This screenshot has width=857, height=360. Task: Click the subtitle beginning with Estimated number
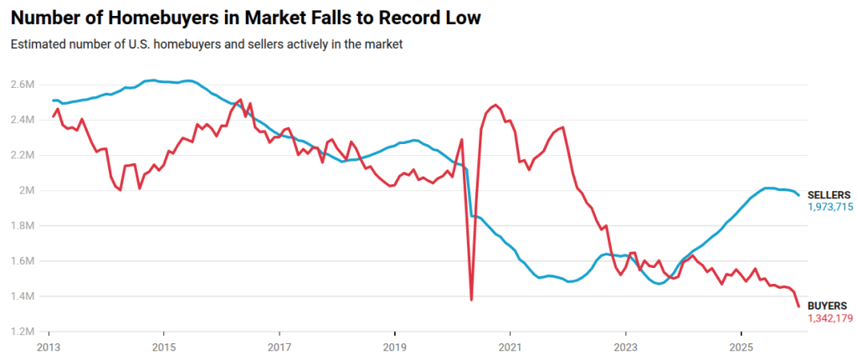[207, 44]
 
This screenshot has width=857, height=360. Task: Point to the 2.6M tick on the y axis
[22, 85]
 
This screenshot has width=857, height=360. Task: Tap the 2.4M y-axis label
[22, 120]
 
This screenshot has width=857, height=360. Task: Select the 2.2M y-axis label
[22, 155]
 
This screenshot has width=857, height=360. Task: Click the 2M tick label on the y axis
[26, 190]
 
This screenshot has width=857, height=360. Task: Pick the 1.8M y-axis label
[22, 225]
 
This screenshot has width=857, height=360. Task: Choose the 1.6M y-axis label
[22, 260]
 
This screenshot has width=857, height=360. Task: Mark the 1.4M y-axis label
[22, 296]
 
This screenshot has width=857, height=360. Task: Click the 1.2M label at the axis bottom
[22, 332]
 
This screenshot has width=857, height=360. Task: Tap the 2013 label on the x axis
[49, 347]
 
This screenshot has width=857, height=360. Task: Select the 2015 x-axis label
[164, 347]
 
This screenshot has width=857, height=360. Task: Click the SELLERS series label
[829, 194]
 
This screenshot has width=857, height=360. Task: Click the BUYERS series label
[827, 306]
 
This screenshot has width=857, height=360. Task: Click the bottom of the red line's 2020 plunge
[471, 299]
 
